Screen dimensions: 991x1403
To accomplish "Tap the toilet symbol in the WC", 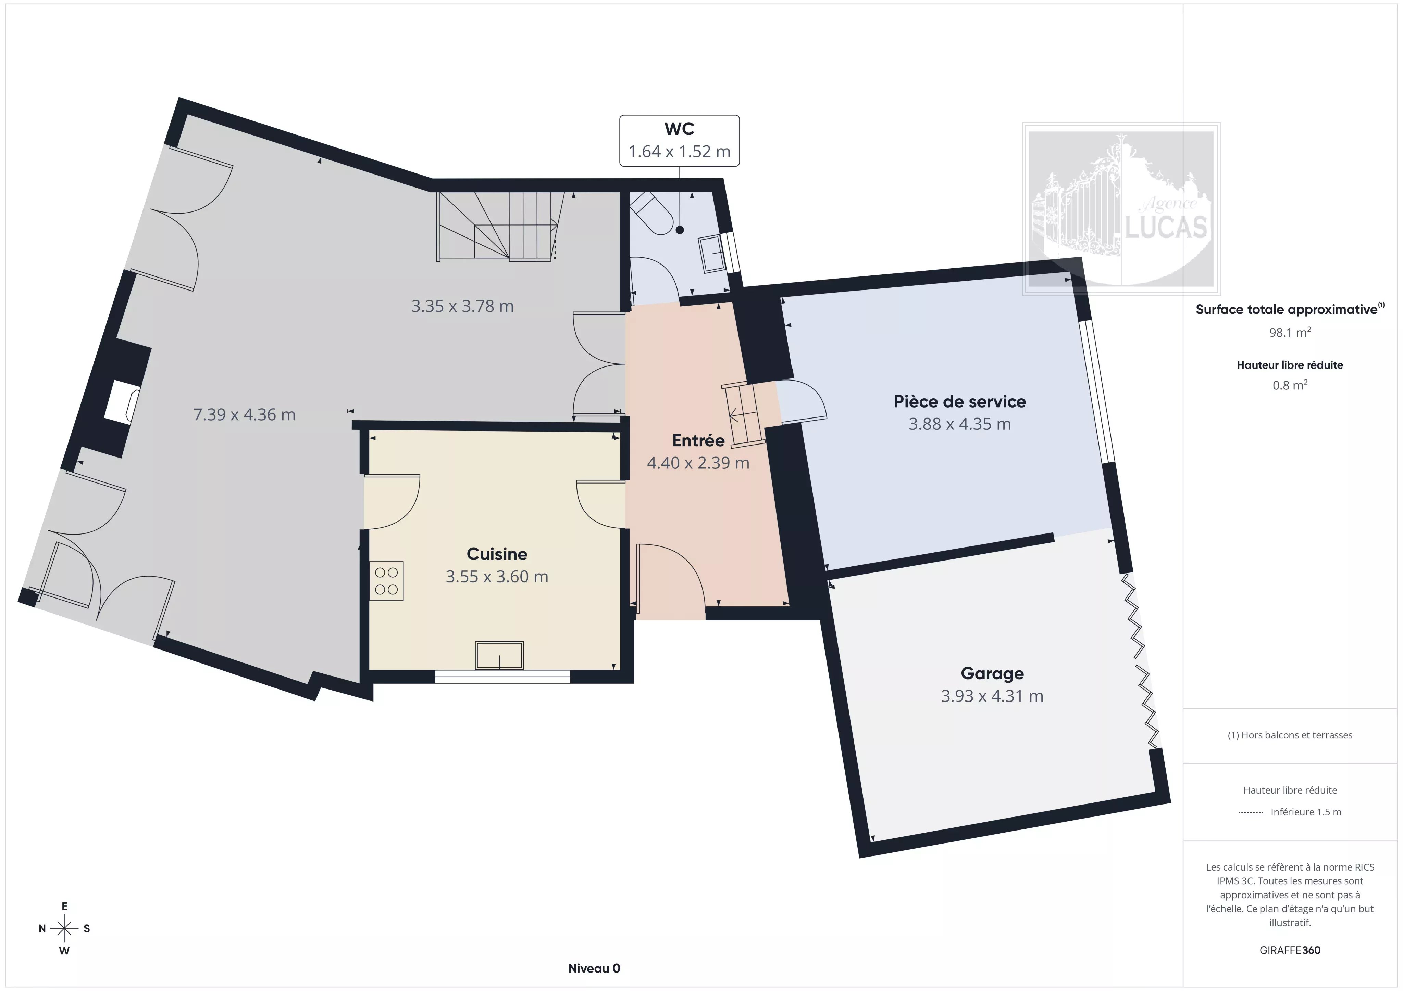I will (x=651, y=214).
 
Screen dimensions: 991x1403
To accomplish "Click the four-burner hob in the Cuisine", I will (x=386, y=581).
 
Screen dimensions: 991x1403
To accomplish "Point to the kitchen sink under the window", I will (x=499, y=655).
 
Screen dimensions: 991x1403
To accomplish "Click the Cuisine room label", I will (x=497, y=554).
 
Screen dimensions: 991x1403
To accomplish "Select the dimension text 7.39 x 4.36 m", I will (x=245, y=415).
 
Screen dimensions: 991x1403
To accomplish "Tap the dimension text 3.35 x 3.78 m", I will (x=462, y=306).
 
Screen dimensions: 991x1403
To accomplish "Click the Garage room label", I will (x=992, y=673).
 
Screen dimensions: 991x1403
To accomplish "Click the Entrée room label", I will (x=698, y=440).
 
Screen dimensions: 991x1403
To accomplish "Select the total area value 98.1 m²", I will (x=1289, y=333).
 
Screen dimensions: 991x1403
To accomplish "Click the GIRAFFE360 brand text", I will (x=1289, y=950).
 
